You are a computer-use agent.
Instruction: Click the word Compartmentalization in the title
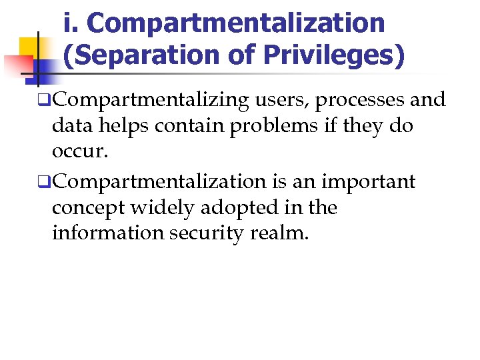coord(236,23)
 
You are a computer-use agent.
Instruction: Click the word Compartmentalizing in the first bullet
coord(151,101)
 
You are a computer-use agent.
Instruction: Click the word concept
coord(88,208)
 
